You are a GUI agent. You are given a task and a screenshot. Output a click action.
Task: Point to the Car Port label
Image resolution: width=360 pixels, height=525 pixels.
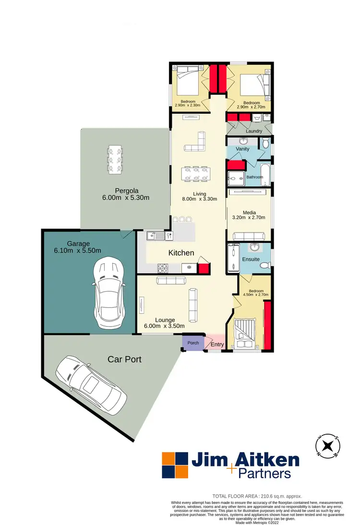[x=124, y=359]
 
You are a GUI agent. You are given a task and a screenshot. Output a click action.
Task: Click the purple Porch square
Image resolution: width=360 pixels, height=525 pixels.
[x=193, y=343]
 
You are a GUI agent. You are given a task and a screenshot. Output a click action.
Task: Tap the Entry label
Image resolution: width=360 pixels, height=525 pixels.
[x=217, y=344]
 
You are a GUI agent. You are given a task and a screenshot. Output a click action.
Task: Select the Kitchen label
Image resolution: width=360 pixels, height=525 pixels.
[x=180, y=253]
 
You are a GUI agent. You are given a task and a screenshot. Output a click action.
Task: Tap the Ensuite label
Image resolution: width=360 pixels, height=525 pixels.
[x=251, y=259]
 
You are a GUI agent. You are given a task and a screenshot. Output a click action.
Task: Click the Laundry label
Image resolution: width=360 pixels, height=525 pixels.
[x=253, y=131]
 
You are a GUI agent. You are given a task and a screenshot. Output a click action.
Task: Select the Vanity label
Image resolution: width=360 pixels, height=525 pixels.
[x=242, y=149]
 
